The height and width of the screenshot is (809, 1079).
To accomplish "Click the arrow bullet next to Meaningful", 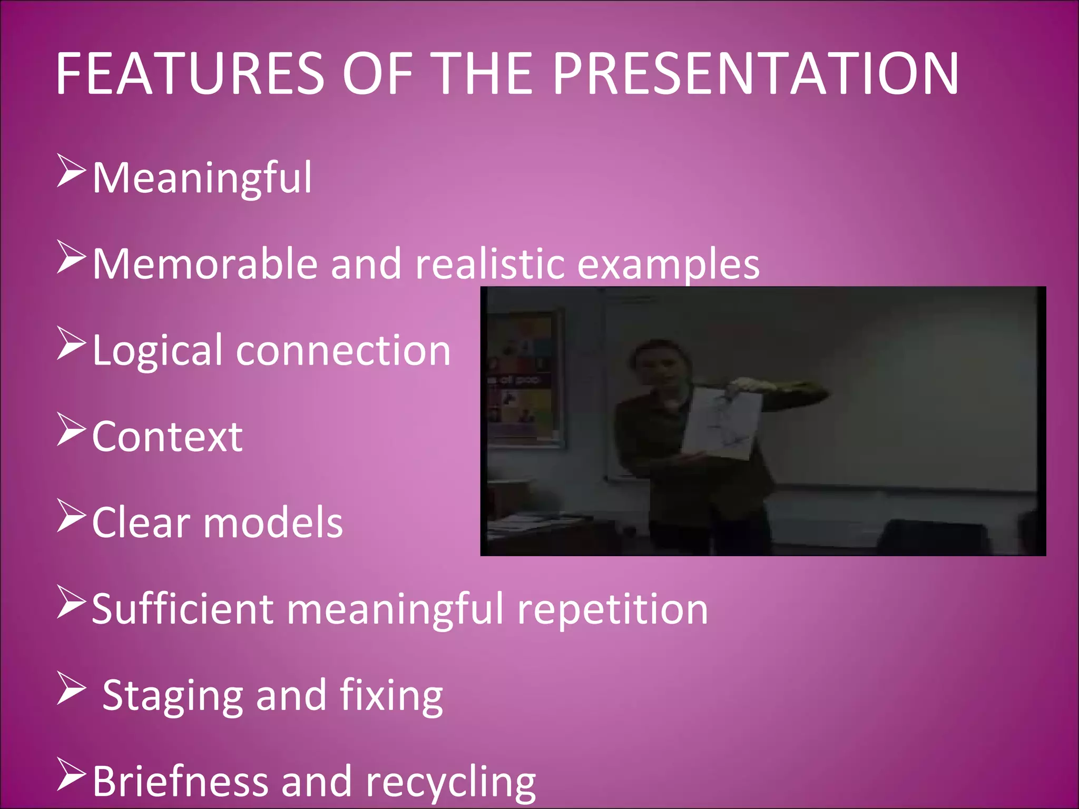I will pyautogui.click(x=71, y=171).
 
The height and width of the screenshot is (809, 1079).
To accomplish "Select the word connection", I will pyautogui.click(x=343, y=351).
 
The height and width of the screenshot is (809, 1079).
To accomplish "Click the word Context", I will pyautogui.click(x=167, y=437).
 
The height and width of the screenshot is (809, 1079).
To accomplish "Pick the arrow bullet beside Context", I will pyautogui.click(x=71, y=430).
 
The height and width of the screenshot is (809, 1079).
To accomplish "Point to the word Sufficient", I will pyautogui.click(x=182, y=609).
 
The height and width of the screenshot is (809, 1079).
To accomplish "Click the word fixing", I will pyautogui.click(x=391, y=696).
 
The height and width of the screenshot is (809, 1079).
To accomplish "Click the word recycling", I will pyautogui.click(x=450, y=783).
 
